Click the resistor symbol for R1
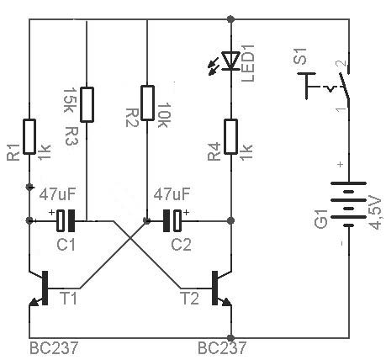(29, 137)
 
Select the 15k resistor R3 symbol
(87, 104)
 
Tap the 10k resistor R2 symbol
(147, 103)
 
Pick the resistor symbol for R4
(231, 137)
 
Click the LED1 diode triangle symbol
(230, 61)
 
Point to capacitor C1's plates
(66, 221)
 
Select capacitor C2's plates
(172, 221)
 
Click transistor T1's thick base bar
(45, 288)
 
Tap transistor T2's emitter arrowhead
(226, 302)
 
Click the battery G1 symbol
(349, 204)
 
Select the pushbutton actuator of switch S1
(306, 86)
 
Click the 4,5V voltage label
(375, 213)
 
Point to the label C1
(66, 245)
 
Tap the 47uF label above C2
(172, 193)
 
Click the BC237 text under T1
(54, 348)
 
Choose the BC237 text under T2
(222, 348)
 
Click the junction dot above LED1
(230, 19)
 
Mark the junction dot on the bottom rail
(230, 337)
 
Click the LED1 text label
(248, 63)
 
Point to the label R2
(131, 118)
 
